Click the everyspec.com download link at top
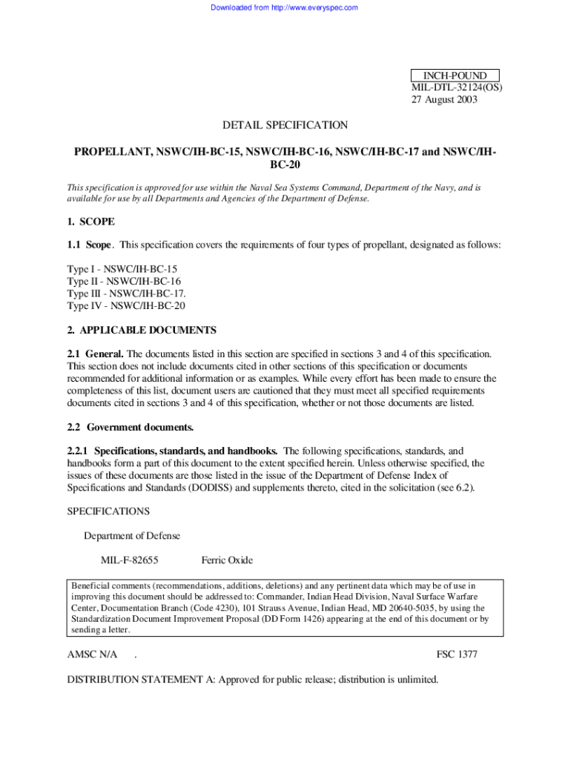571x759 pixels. click(x=284, y=7)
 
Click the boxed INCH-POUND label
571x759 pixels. click(x=455, y=76)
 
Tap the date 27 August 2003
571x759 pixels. click(x=445, y=100)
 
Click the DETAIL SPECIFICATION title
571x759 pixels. click(x=285, y=126)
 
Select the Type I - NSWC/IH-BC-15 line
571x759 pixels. click(x=122, y=268)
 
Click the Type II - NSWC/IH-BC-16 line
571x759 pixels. click(x=124, y=281)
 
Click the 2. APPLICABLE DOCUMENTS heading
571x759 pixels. click(x=142, y=331)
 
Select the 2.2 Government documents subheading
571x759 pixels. click(x=131, y=428)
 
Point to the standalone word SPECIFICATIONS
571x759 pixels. click(x=108, y=511)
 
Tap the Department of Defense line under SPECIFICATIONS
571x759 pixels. click(x=132, y=536)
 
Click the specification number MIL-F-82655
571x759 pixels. click(x=130, y=560)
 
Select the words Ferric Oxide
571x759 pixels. click(x=227, y=560)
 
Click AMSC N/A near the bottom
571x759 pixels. click(x=93, y=655)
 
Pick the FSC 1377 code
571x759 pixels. click(x=457, y=655)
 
